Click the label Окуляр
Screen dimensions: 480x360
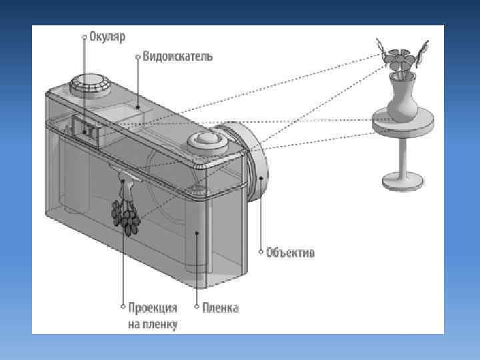(x=107, y=37)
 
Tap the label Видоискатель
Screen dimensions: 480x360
(x=177, y=56)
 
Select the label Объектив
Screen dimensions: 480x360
(x=290, y=253)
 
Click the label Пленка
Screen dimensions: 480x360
(x=221, y=307)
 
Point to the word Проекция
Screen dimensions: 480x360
(x=153, y=307)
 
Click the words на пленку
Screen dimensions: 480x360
(x=153, y=324)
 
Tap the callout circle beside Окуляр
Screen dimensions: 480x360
(x=85, y=37)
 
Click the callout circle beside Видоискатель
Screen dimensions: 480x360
(x=138, y=57)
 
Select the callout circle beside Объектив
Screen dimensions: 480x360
(x=261, y=252)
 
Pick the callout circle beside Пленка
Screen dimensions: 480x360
(x=197, y=307)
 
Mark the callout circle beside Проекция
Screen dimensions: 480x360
(x=123, y=307)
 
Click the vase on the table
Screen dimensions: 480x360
(x=402, y=98)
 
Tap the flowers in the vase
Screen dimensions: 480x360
(x=401, y=57)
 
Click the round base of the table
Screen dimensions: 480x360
(x=403, y=181)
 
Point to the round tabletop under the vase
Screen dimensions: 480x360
(x=403, y=123)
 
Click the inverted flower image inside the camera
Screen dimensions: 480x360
(x=126, y=208)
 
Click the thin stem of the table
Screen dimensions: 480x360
(x=403, y=156)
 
